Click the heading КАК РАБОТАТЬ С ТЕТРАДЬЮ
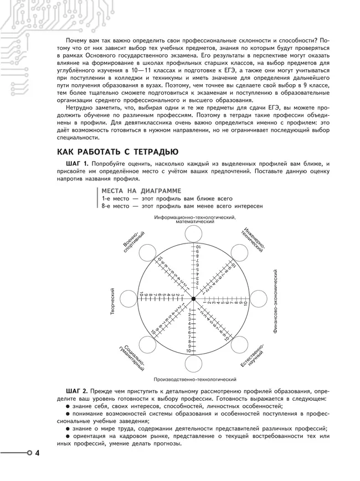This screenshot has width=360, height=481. point(117,152)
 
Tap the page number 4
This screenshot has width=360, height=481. point(38,454)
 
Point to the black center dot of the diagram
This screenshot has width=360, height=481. point(193,299)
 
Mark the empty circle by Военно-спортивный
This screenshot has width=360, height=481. point(147,253)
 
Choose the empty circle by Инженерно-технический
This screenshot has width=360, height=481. point(239,253)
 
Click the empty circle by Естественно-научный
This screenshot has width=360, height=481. point(239,345)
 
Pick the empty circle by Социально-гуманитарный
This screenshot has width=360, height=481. point(147,345)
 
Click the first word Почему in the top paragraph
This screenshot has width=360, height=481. point(78,42)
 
